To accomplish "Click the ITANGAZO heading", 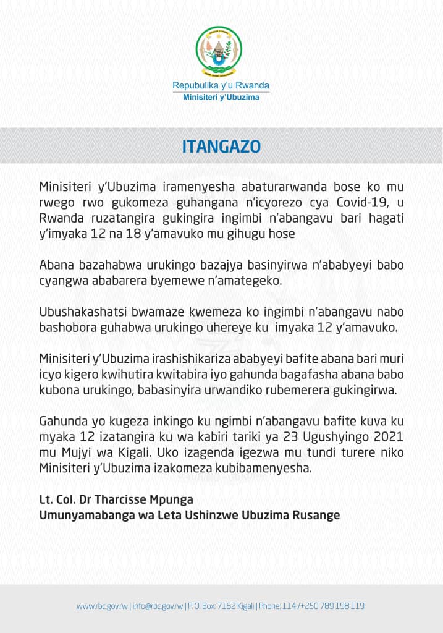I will tap(221, 147).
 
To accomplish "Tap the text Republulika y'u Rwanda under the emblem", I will tap(221, 85).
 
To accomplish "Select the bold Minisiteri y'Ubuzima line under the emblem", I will tap(221, 97).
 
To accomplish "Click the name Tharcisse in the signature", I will tap(131, 498).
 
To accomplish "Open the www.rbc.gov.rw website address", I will tap(102, 606).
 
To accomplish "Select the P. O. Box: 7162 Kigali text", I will tap(221, 606).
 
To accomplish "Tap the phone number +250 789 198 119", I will tap(334, 606).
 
